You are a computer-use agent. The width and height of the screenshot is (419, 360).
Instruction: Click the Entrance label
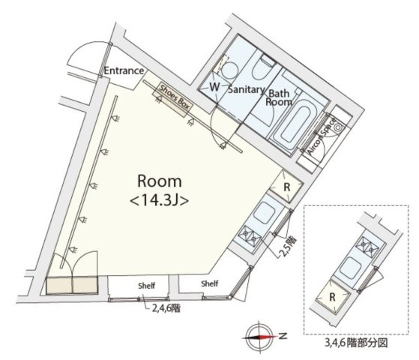point(124,71)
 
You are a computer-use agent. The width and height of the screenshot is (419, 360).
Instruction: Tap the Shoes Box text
point(174,97)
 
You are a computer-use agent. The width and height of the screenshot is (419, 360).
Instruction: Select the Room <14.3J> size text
point(160,190)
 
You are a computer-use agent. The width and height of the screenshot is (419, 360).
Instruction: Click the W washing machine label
point(214,87)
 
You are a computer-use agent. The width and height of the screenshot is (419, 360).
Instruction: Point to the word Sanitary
point(246,89)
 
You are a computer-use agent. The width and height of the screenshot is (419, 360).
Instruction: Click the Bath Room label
point(279,97)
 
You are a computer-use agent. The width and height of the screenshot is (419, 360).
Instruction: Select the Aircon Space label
point(322,136)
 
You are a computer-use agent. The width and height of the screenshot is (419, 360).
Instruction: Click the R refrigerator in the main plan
point(286,187)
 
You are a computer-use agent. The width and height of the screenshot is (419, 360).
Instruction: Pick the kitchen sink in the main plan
point(264,212)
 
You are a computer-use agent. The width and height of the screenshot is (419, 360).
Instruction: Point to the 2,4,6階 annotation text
point(166,308)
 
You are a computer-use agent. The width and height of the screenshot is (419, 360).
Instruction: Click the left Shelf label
point(146,286)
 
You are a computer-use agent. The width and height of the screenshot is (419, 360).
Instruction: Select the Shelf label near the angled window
point(210,283)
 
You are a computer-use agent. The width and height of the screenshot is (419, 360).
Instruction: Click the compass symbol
point(259,337)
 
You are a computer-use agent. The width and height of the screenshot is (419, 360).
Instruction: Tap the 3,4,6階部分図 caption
point(356,343)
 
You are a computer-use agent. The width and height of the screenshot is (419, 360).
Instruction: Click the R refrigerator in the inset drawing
point(332,296)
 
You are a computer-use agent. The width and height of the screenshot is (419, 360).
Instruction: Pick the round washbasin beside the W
point(229,70)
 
